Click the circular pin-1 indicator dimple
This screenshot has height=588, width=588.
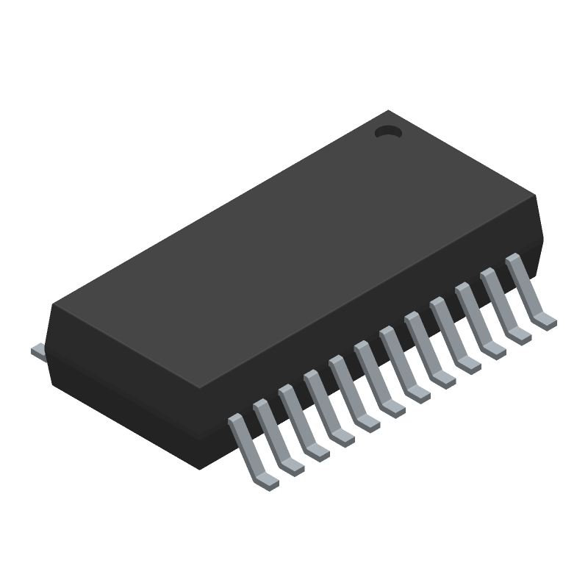(387, 132)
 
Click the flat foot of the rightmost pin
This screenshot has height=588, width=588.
(545, 320)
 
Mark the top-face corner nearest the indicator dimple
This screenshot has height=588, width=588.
(389, 112)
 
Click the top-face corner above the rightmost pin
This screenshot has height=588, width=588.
(537, 198)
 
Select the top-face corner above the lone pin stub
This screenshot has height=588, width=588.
(54, 304)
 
